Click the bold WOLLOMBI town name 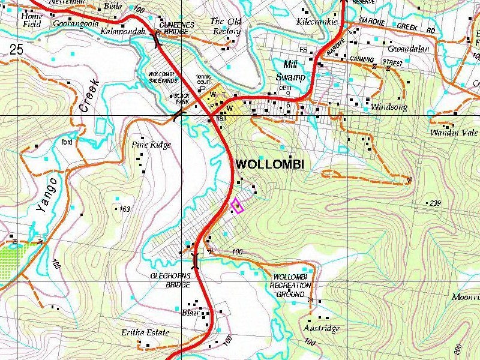pyautogui.click(x=270, y=164)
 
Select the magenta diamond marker pyautogui.click(x=237, y=206)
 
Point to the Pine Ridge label pyautogui.click(x=151, y=145)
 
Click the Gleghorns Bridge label pyautogui.click(x=170, y=280)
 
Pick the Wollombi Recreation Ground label pyautogui.click(x=291, y=286)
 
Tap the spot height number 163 pyautogui.click(x=124, y=209)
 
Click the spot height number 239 pyautogui.click(x=435, y=203)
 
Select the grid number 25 pyautogui.click(x=16, y=50)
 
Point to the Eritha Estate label pyautogui.click(x=145, y=332)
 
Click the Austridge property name pyautogui.click(x=321, y=328)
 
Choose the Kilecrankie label pyautogui.click(x=317, y=22)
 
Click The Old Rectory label pyautogui.click(x=226, y=26)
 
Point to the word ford pyautogui.click(x=67, y=142)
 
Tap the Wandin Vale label pyautogui.click(x=454, y=133)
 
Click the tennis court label pyautogui.click(x=204, y=79)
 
